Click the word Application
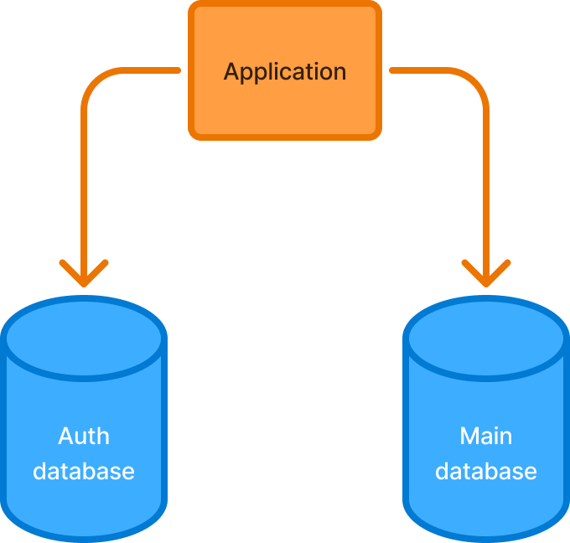285,71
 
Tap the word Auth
84,436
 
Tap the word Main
486,436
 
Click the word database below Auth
84,471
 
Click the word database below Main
486,471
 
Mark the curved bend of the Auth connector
95,82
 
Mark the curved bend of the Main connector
475,82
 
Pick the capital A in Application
232,71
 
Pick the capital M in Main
468,436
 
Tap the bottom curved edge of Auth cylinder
84,537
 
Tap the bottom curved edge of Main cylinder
486,537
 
